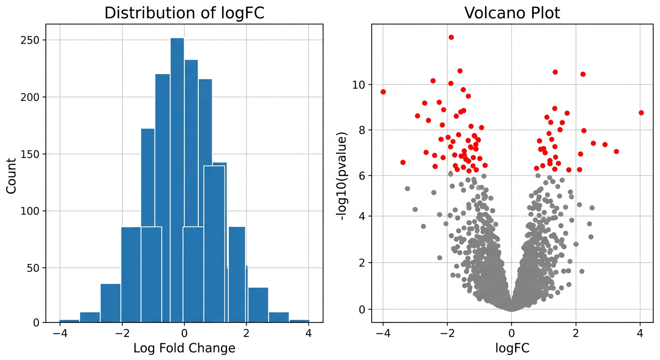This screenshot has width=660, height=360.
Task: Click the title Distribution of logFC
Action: [x=184, y=13]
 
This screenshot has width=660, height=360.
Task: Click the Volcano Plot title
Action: [x=512, y=13]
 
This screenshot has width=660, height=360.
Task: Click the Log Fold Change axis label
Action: [x=184, y=348]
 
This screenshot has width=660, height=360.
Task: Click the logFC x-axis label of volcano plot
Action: [x=512, y=348]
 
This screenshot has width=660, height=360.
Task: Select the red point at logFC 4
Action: [x=641, y=112]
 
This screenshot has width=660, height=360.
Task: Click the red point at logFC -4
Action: [x=383, y=92]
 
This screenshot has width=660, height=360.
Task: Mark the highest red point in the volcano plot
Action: [x=451, y=37]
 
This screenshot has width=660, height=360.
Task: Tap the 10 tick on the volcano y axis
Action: [x=359, y=85]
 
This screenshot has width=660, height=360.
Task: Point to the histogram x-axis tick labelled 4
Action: [x=308, y=333]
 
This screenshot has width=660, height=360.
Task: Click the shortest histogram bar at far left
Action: [x=69, y=321]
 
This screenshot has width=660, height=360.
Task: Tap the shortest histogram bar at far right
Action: [x=299, y=321]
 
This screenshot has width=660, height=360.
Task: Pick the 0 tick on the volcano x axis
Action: [x=511, y=333]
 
